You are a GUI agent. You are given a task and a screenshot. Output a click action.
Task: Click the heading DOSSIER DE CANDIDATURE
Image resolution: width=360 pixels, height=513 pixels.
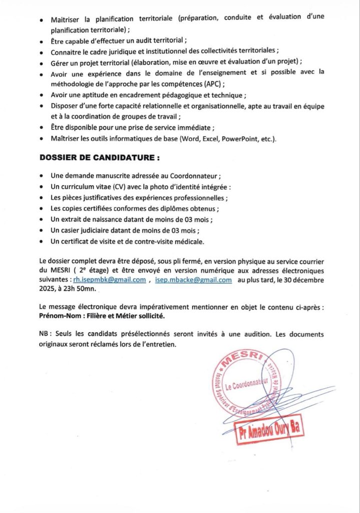100,158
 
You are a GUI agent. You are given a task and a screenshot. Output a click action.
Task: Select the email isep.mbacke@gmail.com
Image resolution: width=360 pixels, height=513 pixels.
193,280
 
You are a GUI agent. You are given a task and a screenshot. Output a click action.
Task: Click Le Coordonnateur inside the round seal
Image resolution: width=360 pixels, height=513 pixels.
247,385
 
